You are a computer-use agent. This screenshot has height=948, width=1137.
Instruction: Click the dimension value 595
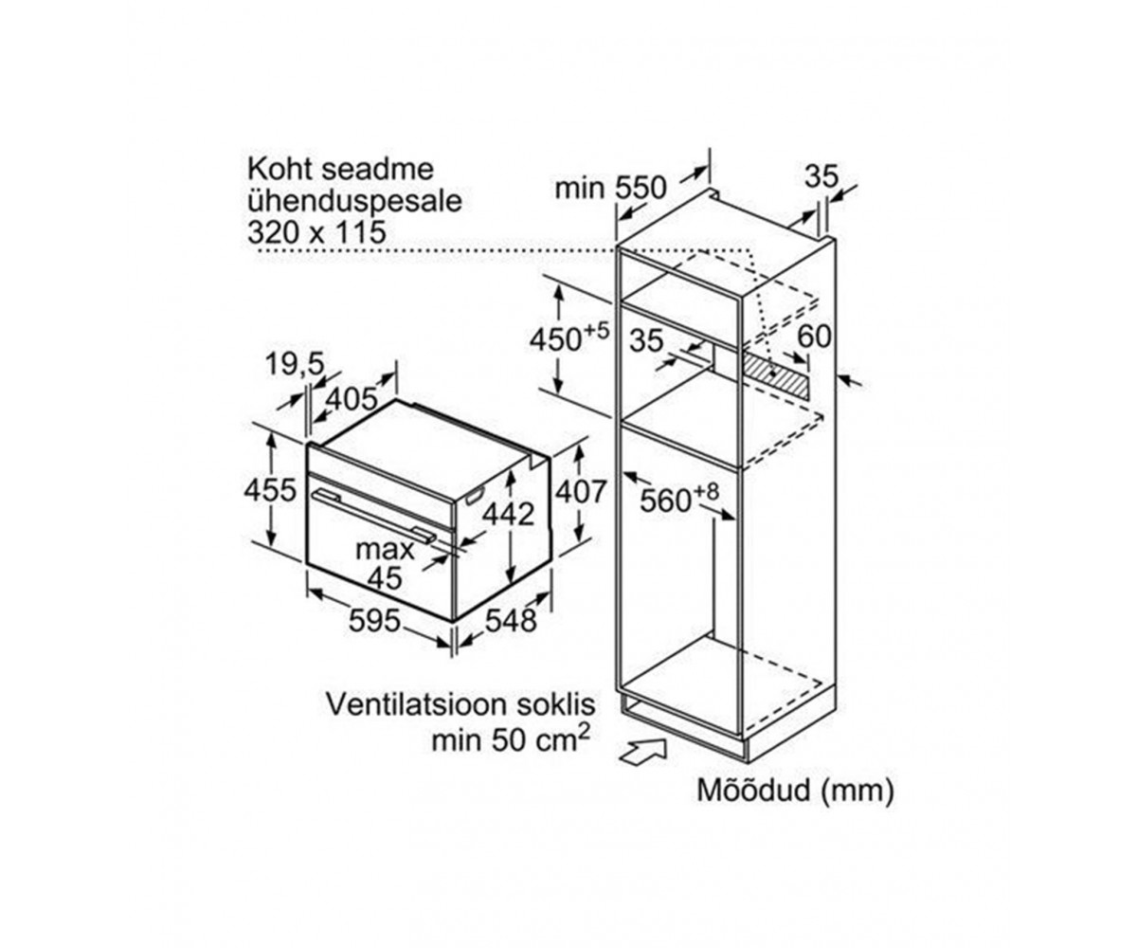coord(374,621)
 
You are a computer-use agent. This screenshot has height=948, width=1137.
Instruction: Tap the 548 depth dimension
coord(511,620)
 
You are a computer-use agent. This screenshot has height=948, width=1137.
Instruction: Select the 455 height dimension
coord(270,490)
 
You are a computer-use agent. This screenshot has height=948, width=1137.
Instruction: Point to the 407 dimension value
coord(580,491)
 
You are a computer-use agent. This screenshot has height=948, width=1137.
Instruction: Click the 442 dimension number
coord(509,514)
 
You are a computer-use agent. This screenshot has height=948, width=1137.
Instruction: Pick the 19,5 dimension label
coord(295,363)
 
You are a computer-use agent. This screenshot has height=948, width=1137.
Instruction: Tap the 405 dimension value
coord(352,399)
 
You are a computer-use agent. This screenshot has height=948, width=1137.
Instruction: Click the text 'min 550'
coord(610,188)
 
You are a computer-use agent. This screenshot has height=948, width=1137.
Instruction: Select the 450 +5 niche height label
coord(569,338)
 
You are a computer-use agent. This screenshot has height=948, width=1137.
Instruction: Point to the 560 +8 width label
coord(679,499)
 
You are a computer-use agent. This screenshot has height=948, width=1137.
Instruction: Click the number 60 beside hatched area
coord(814,337)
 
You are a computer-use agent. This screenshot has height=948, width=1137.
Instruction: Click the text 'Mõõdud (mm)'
coord(796,790)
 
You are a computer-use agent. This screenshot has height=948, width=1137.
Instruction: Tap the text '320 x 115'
coord(316,232)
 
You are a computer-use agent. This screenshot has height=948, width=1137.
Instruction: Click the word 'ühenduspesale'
coord(355,201)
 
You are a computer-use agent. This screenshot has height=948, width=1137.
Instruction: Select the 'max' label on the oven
coord(385,551)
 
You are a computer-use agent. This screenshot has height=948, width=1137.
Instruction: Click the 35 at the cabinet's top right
coord(821,176)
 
